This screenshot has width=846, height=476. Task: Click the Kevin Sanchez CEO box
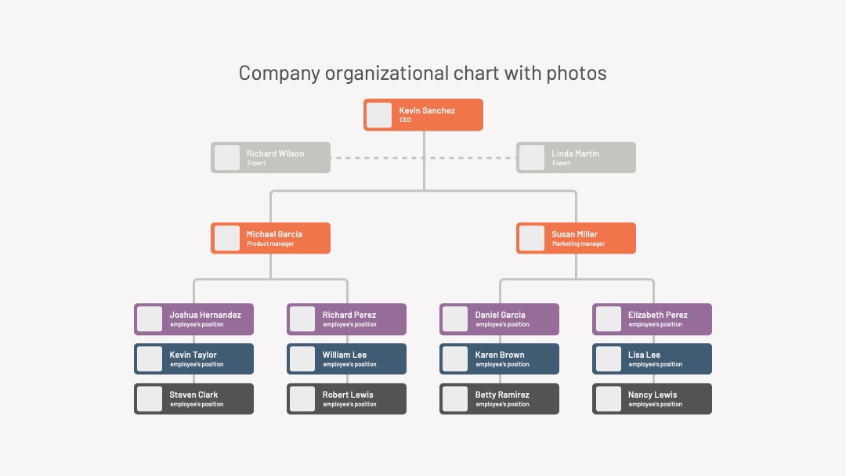pyautogui.click(x=423, y=114)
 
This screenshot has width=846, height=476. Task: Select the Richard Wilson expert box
pyautogui.click(x=270, y=157)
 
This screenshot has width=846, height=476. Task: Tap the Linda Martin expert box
pyautogui.click(x=576, y=157)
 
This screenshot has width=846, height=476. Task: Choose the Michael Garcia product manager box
pyautogui.click(x=270, y=238)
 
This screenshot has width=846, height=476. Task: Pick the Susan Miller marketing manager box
pyautogui.click(x=576, y=238)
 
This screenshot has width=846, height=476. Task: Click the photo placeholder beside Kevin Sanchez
pyautogui.click(x=379, y=115)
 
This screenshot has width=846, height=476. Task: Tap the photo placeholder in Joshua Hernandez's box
pyautogui.click(x=150, y=319)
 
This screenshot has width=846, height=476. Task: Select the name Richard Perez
pyautogui.click(x=349, y=315)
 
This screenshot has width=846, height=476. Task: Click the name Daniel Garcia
pyautogui.click(x=500, y=315)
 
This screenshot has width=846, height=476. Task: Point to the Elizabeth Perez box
pyautogui.click(x=652, y=319)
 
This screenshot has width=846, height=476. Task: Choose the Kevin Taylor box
pyautogui.click(x=193, y=359)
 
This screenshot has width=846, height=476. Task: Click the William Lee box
pyautogui.click(x=346, y=359)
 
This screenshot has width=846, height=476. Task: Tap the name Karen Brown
pyautogui.click(x=500, y=355)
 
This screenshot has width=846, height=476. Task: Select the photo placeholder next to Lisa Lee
pyautogui.click(x=608, y=359)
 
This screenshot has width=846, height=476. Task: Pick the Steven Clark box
pyautogui.click(x=193, y=398)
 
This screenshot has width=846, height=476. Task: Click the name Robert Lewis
pyautogui.click(x=348, y=395)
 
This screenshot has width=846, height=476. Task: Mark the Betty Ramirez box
pyautogui.click(x=499, y=398)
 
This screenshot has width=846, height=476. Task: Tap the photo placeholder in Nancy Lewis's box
pyautogui.click(x=608, y=398)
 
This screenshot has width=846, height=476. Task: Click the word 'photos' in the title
pyautogui.click(x=577, y=74)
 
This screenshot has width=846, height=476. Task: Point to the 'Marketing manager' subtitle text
pyautogui.click(x=578, y=243)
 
